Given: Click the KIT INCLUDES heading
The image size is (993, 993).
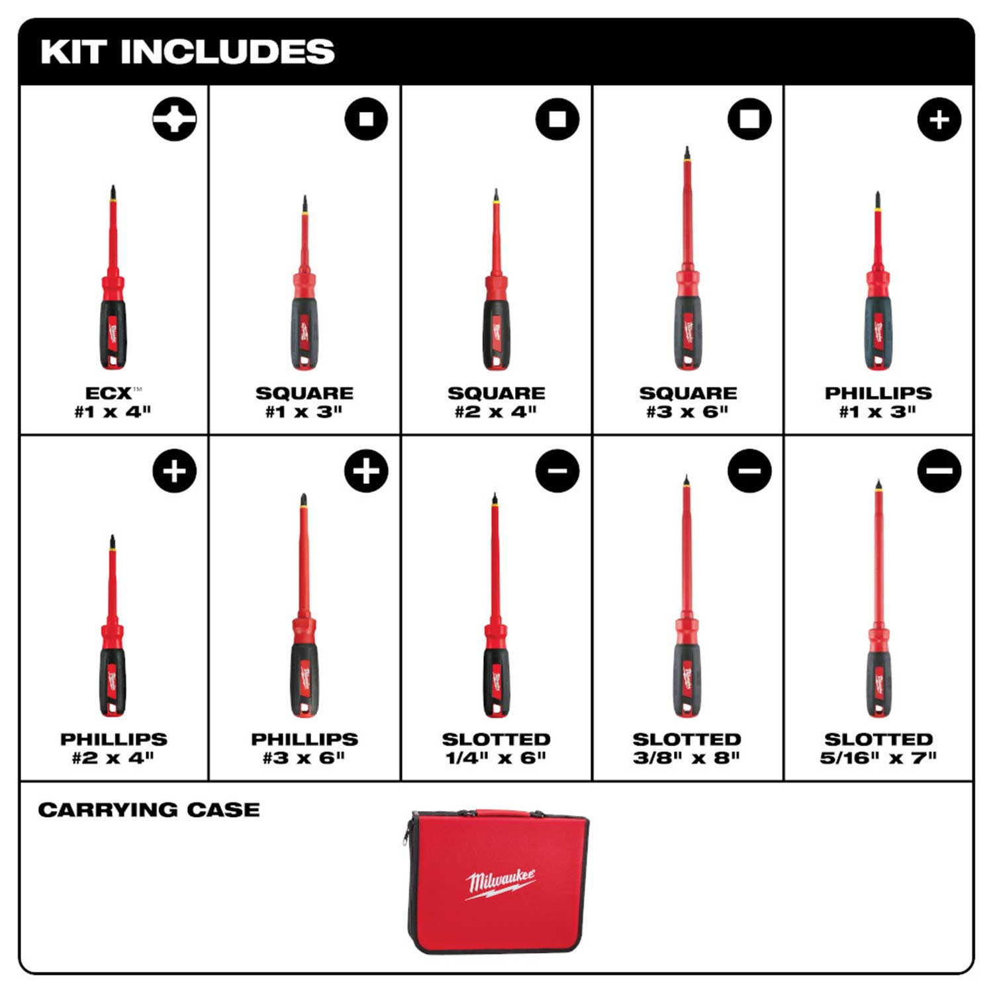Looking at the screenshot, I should coord(187,52).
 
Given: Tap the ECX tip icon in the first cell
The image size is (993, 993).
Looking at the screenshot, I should coord(174,119).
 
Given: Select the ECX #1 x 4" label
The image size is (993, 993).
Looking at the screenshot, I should coord(113,402).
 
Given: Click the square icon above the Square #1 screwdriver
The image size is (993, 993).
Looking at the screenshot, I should coord(366,119).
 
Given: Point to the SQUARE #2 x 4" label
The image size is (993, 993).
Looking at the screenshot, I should coord(496,402).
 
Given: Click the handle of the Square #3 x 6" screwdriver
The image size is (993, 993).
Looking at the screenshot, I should coord(688,331).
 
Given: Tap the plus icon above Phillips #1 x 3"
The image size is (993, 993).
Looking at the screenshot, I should coord(939,119).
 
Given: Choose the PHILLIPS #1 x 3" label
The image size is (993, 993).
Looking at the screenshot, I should coord(878,402).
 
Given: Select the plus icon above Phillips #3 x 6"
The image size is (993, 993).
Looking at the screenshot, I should coord(366,471).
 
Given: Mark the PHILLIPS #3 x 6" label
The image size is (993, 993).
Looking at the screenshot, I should coord(304,748).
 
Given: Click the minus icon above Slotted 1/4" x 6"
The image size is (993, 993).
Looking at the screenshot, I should coord(557,471).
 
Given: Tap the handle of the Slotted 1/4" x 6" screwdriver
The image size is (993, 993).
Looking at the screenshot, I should coord(496,682).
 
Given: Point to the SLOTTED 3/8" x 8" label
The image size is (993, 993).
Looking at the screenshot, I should coord(686,748).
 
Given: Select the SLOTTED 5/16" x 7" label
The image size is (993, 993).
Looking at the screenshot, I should coord(878,748).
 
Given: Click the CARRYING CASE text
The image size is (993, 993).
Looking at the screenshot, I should coord(149,810).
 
